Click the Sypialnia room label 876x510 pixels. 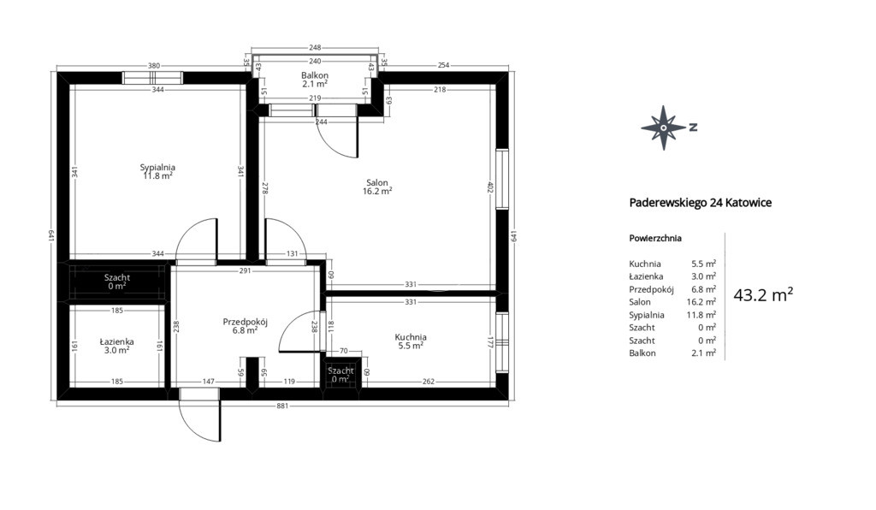click(157, 167)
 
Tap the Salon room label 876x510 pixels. click(377, 182)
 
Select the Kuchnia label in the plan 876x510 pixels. click(411, 337)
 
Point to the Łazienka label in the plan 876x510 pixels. click(116, 341)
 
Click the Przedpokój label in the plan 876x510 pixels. click(246, 322)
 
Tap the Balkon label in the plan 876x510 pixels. click(315, 75)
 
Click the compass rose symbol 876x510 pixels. click(663, 127)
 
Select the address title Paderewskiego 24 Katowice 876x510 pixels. click(701, 203)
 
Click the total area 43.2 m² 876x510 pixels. click(763, 295)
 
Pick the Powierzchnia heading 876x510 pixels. click(655, 239)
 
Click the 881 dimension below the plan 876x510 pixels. click(282, 406)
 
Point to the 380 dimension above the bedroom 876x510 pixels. click(154, 65)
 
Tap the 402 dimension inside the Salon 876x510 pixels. click(490, 187)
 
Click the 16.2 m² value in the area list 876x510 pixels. click(701, 302)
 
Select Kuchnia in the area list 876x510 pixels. click(645, 264)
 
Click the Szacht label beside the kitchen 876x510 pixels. click(340, 371)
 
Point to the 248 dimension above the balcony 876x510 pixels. click(315, 48)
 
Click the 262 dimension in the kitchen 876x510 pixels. click(429, 382)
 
